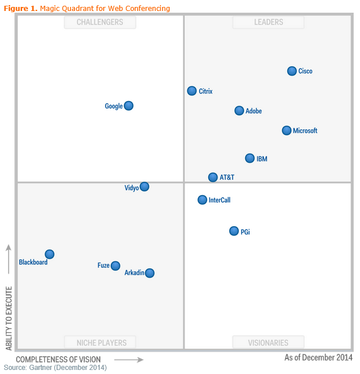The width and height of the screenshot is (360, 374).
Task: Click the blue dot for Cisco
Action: coord(292,71)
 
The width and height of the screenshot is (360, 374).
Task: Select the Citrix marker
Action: coord(192,91)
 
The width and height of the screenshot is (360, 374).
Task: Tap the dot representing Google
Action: coord(129,106)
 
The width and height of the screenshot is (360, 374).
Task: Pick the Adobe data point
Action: coord(239,111)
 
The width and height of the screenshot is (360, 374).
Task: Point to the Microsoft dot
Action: coord(287,130)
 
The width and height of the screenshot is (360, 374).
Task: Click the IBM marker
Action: coord(250,158)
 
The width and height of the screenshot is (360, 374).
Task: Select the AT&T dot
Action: coord(213,177)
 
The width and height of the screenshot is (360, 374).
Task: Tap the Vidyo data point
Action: coord(144,186)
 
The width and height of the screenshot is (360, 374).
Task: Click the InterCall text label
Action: coord(219,200)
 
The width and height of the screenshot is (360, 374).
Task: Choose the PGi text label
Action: coord(245,232)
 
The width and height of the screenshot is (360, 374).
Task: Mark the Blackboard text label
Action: coord(33,262)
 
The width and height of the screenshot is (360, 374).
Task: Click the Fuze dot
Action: coord(115,265)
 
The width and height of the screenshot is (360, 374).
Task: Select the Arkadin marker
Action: coord(150,273)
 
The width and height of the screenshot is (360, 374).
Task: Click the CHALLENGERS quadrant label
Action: coord(100,22)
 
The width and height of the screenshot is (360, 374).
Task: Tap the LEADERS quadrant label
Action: coord(268,22)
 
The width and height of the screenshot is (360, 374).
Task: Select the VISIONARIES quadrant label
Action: coord(268,343)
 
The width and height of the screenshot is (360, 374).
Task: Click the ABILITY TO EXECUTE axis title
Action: coord(9,318)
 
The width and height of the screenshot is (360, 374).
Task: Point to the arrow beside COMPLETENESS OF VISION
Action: coord(132,360)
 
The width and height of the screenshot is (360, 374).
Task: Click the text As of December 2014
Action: coord(318,358)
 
